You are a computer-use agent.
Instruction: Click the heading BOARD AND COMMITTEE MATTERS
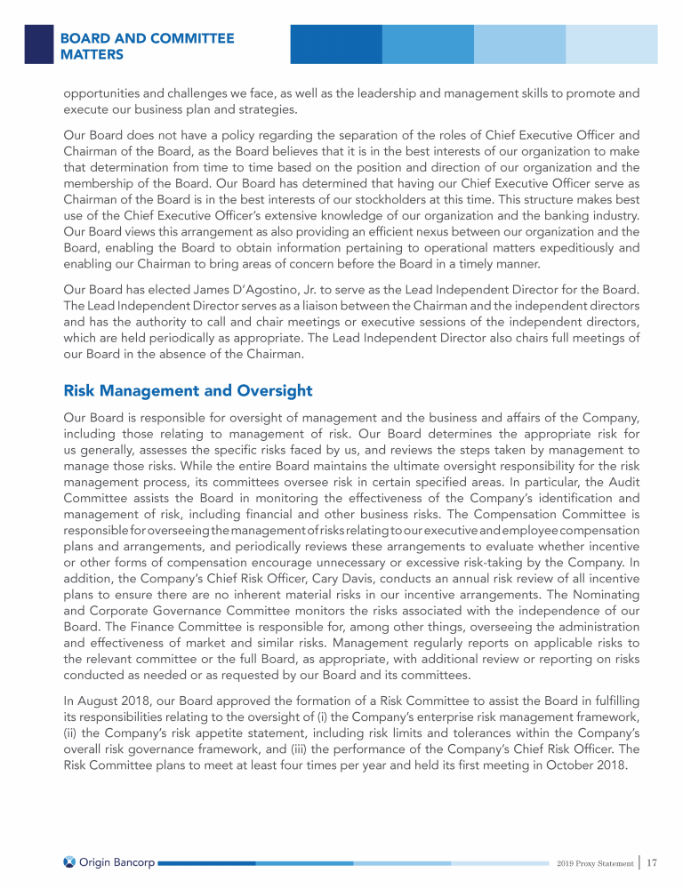coord(147,46)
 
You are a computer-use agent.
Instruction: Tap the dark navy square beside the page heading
coord(38,44)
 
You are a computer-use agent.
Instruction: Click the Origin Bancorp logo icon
coord(70,861)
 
